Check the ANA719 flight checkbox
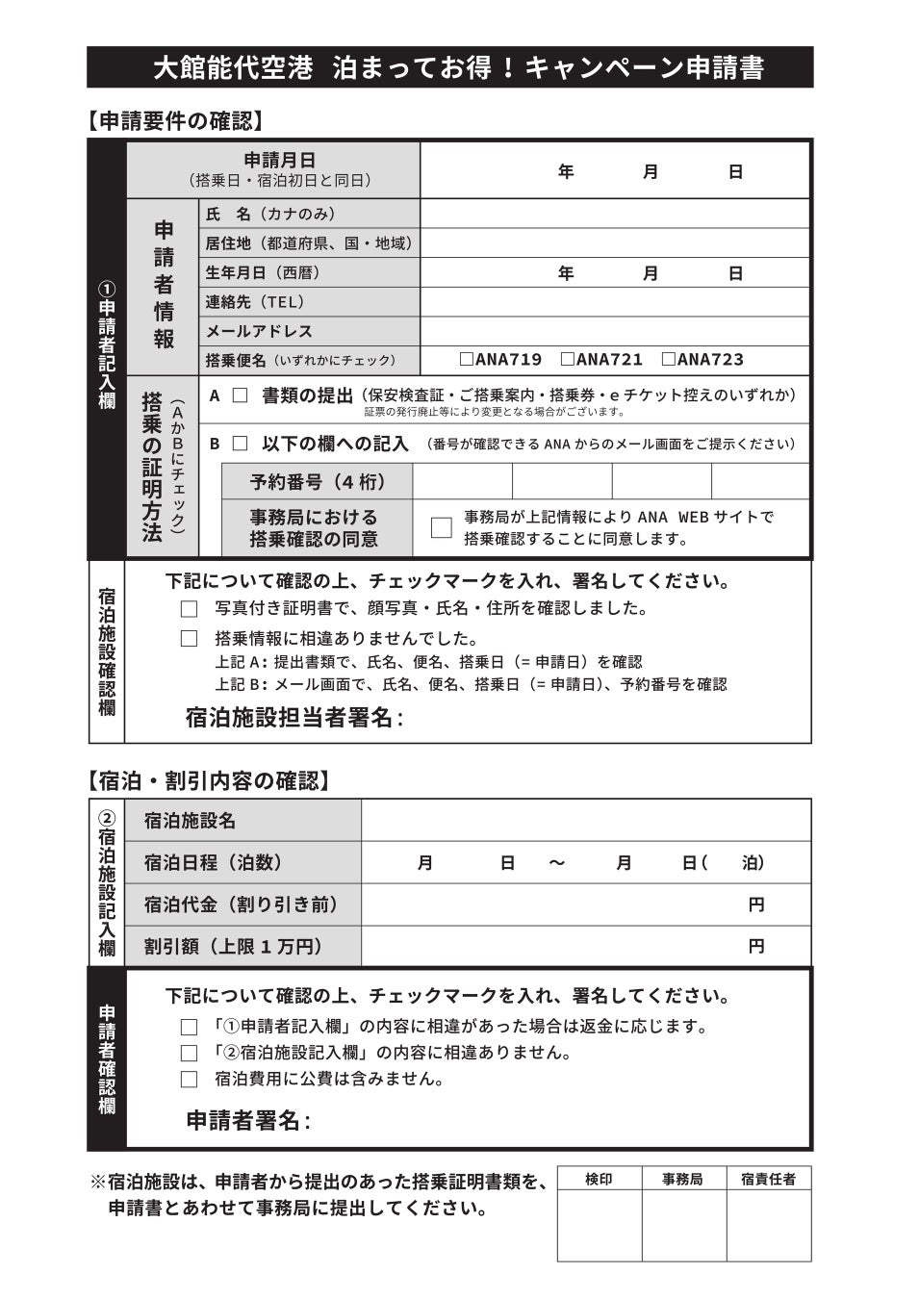point(467,360)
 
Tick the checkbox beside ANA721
point(568,360)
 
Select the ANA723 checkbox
point(669,360)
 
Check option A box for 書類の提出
point(240,395)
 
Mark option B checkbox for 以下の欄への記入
point(240,444)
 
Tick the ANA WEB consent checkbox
point(441,527)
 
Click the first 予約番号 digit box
point(462,480)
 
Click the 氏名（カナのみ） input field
point(614,214)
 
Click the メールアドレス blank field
point(614,331)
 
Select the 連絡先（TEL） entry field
point(614,302)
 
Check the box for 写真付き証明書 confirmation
point(190,609)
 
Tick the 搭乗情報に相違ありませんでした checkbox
point(190,639)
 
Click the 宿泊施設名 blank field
point(585,821)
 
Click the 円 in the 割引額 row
point(756,947)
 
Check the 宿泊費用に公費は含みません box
point(190,1080)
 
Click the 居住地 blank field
point(614,243)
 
